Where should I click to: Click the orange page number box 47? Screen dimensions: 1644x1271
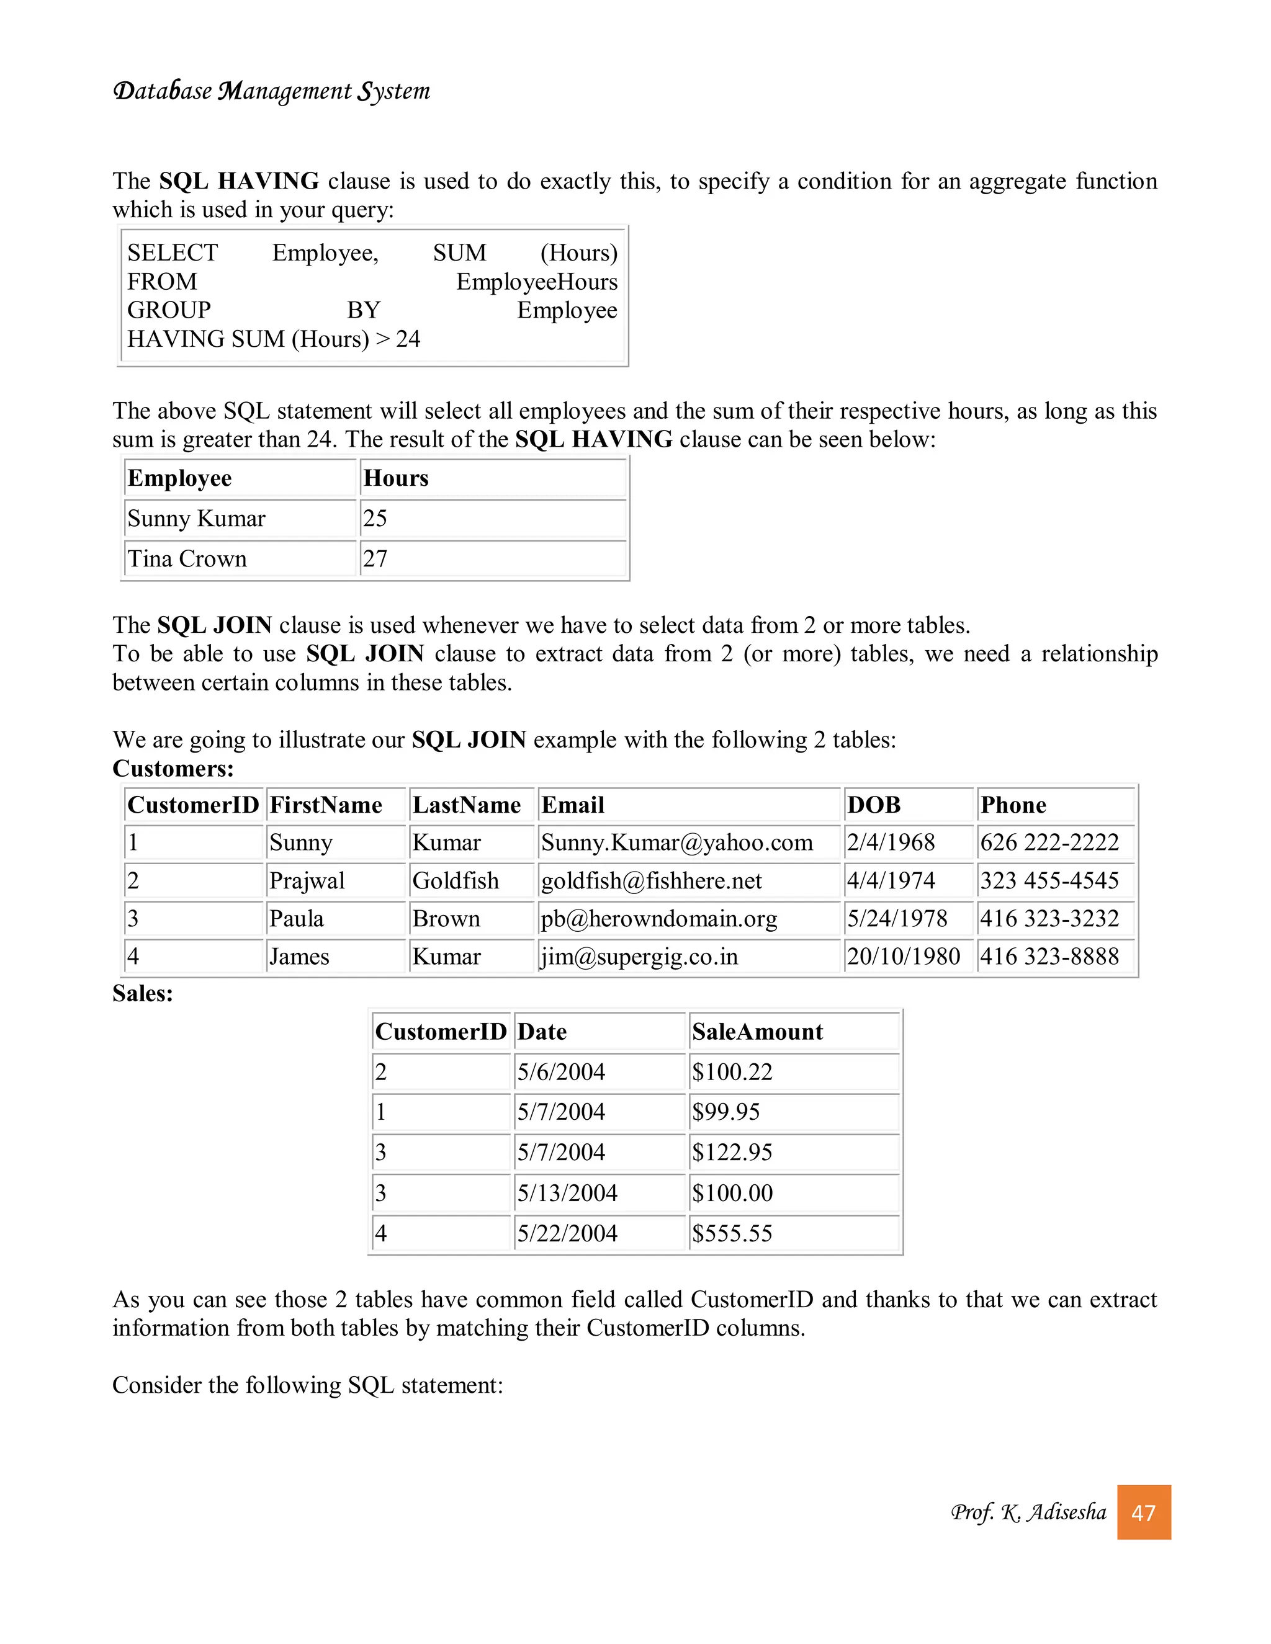(x=1143, y=1512)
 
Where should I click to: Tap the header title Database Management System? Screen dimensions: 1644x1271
(x=271, y=91)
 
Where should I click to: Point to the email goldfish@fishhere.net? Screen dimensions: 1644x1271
(x=651, y=881)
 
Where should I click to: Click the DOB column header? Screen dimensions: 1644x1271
(x=873, y=805)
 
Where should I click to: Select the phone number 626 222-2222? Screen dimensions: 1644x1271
(x=1049, y=842)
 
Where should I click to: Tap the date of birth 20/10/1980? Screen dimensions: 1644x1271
(x=903, y=957)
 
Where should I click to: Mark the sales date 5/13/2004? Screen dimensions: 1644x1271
(x=567, y=1192)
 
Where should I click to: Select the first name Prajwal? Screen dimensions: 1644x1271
(x=307, y=881)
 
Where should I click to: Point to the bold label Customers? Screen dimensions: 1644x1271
(x=173, y=769)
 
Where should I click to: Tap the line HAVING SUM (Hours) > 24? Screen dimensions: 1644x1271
(x=273, y=339)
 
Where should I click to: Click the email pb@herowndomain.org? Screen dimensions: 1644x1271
(x=659, y=918)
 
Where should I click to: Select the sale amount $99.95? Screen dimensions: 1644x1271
(x=726, y=1112)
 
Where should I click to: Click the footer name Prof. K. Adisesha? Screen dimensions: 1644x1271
(x=1028, y=1512)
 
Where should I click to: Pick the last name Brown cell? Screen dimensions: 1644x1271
(x=446, y=918)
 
